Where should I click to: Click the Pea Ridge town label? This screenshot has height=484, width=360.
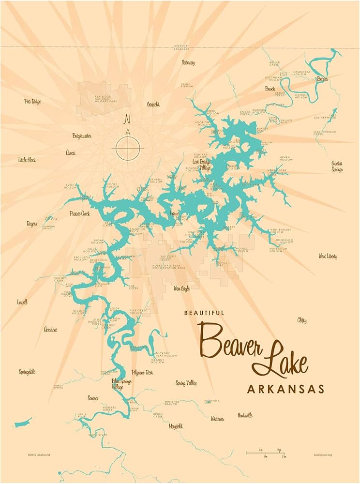(32, 101)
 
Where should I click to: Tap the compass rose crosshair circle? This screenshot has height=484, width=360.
(128, 147)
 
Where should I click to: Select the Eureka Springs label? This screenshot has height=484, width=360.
(337, 166)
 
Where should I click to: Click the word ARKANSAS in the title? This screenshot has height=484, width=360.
(285, 389)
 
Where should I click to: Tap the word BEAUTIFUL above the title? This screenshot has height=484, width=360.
(204, 313)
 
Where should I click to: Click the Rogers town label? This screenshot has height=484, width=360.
(32, 224)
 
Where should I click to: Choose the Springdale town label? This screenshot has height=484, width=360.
(27, 372)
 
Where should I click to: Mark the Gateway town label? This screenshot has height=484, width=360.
(188, 62)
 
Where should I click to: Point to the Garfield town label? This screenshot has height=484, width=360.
(153, 104)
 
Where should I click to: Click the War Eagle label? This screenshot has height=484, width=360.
(181, 288)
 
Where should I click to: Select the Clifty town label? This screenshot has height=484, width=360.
(302, 320)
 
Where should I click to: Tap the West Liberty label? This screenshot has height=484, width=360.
(328, 256)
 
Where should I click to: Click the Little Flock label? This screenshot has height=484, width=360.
(27, 160)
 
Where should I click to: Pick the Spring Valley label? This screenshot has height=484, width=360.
(186, 383)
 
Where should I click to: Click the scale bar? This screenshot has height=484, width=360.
(266, 453)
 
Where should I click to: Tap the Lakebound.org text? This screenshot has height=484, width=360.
(322, 455)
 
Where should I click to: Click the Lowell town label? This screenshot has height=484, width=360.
(22, 302)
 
